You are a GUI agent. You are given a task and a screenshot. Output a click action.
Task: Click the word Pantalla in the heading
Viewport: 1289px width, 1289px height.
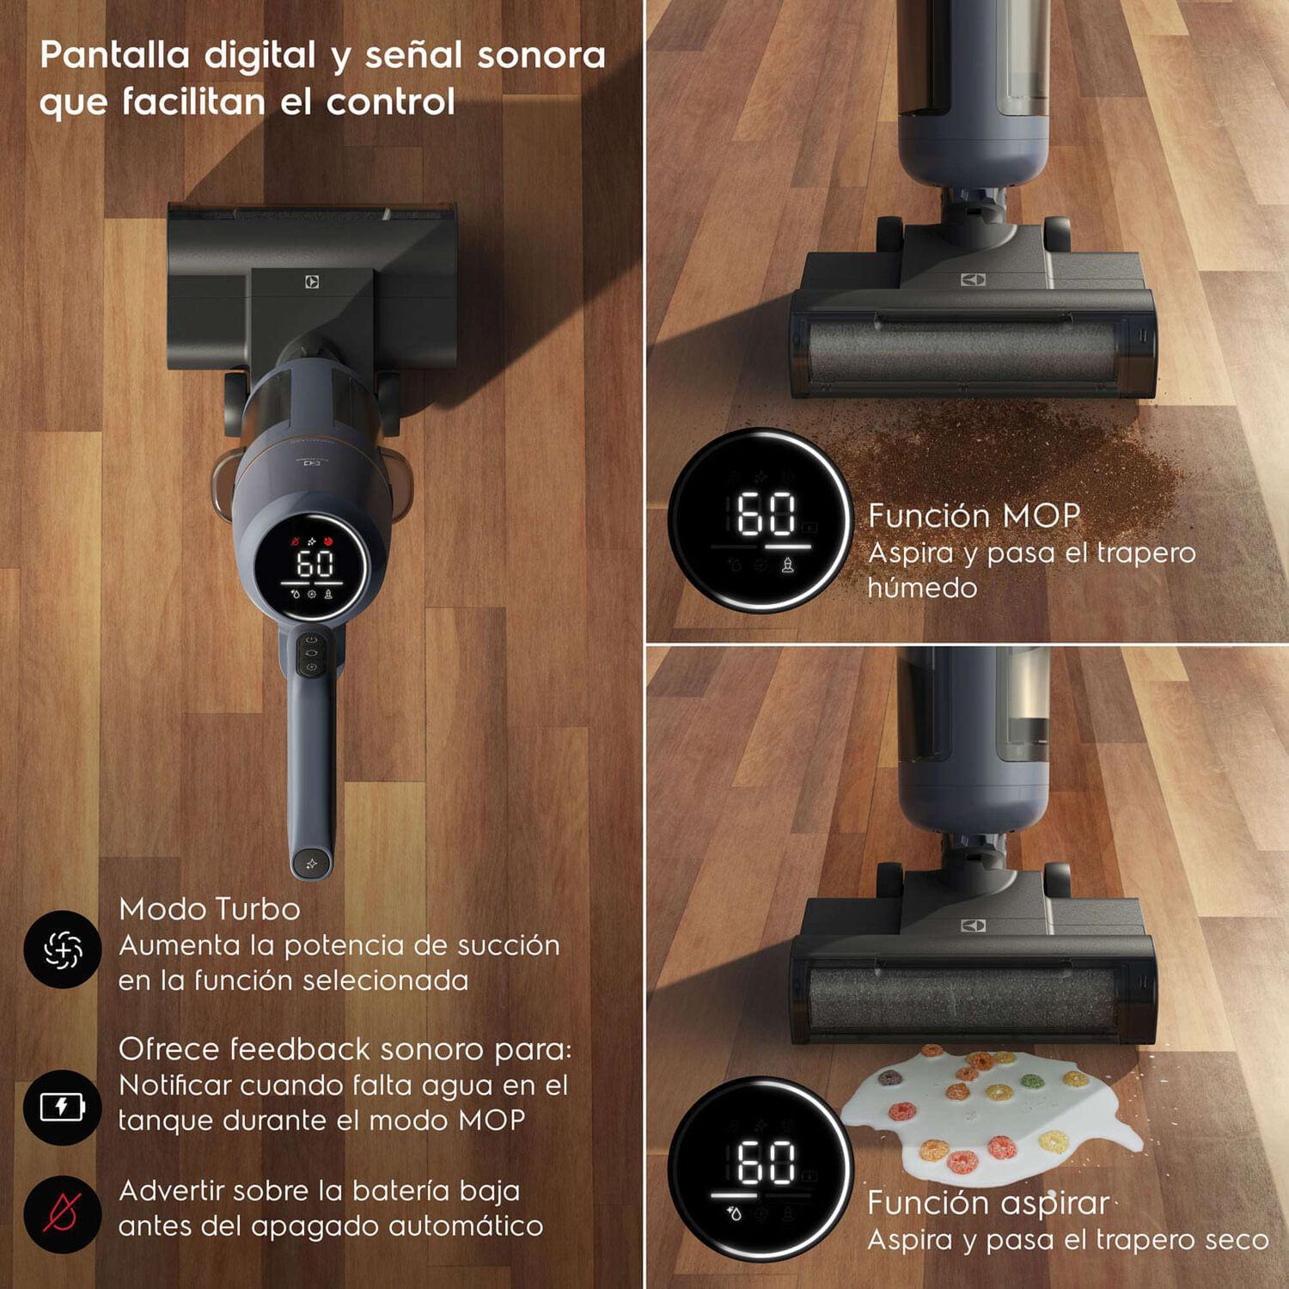pyautogui.click(x=115, y=55)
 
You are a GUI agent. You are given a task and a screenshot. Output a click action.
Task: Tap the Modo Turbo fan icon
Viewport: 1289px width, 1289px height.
pyautogui.click(x=63, y=950)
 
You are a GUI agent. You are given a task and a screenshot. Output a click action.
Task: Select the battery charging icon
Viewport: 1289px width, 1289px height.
pyautogui.click(x=63, y=1107)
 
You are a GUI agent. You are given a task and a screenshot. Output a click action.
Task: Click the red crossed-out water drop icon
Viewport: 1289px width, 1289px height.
pyautogui.click(x=63, y=1213)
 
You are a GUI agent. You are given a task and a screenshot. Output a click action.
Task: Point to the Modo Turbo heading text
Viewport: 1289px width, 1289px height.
pyautogui.click(x=210, y=909)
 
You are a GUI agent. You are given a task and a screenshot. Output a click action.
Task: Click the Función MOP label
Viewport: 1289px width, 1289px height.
pyautogui.click(x=974, y=516)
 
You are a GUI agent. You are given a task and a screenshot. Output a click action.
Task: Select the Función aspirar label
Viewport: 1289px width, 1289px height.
pyautogui.click(x=988, y=1203)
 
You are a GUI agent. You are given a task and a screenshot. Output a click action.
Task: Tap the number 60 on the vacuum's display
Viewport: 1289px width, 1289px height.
pyautogui.click(x=315, y=564)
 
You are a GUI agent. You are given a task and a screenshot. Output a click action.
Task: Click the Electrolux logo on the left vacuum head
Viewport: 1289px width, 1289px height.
pyautogui.click(x=312, y=281)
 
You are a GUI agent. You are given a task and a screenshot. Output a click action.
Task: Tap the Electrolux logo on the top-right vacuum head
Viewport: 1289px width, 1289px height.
pyautogui.click(x=973, y=280)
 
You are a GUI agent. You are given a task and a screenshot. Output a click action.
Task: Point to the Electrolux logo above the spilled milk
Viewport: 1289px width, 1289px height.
pyautogui.click(x=973, y=926)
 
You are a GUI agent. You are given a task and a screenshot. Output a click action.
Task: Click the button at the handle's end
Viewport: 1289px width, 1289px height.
pyautogui.click(x=311, y=863)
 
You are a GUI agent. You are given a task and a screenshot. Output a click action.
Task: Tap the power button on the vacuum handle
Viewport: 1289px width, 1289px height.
pyautogui.click(x=311, y=640)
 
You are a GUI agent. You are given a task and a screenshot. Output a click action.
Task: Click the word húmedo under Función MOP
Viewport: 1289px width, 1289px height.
pyautogui.click(x=922, y=588)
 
